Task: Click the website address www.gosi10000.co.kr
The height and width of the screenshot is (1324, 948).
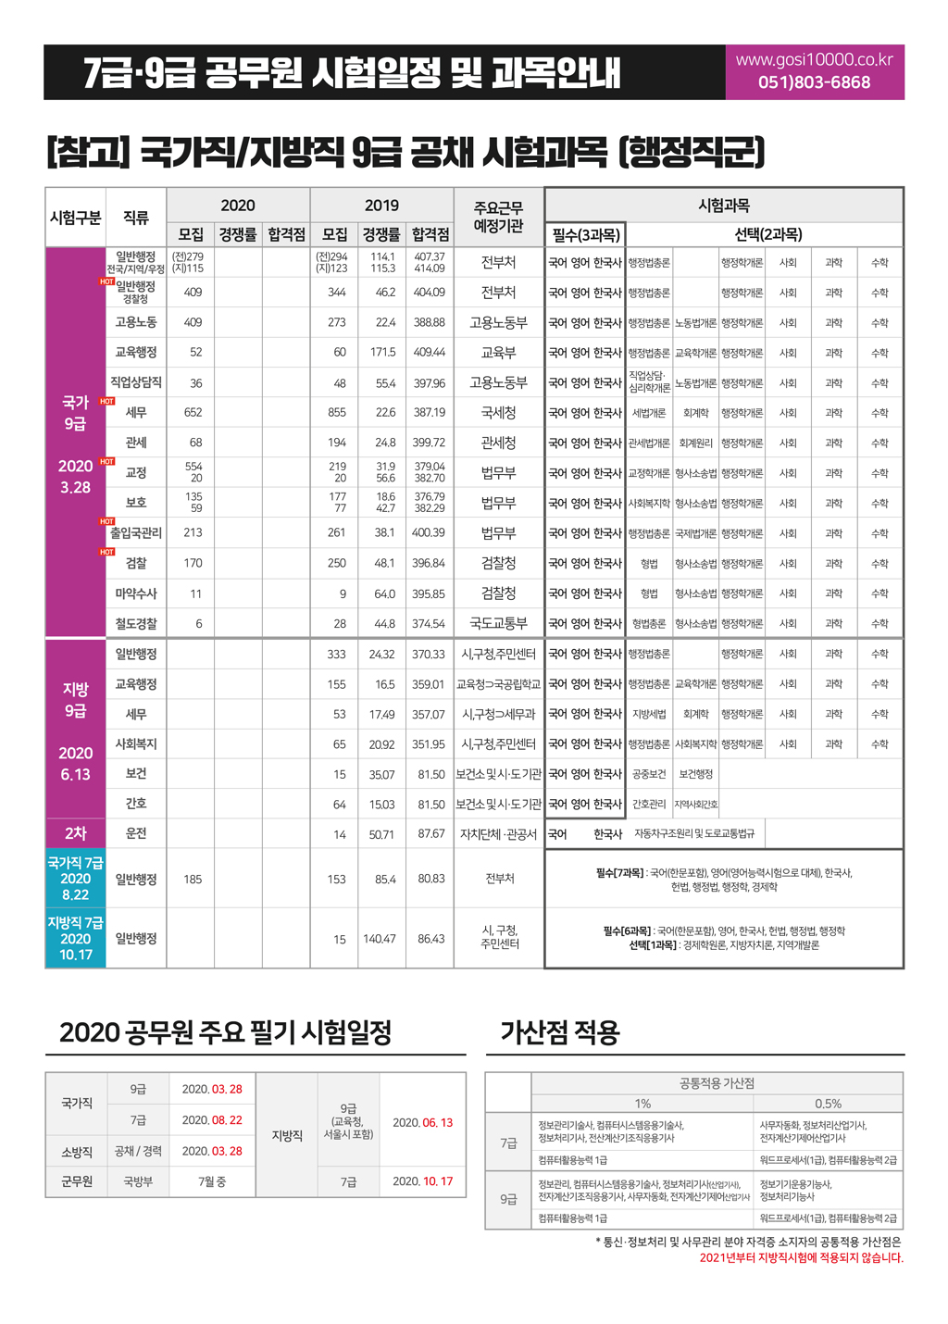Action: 814,60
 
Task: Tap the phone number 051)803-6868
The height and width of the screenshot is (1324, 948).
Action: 814,82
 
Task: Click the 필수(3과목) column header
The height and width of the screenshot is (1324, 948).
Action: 585,235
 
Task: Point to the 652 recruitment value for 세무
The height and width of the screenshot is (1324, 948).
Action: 193,413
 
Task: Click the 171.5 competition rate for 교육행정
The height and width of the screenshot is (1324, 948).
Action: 383,353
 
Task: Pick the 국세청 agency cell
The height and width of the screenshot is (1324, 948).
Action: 498,413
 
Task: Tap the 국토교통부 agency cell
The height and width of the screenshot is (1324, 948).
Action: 498,624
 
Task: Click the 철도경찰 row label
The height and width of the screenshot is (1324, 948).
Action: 136,624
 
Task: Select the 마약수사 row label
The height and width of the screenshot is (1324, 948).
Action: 136,593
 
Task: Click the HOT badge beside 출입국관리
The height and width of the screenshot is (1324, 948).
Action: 107,521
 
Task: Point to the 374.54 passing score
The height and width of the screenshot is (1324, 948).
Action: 430,624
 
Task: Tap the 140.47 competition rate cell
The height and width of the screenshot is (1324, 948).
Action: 380,939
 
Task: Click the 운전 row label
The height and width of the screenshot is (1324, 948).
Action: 136,833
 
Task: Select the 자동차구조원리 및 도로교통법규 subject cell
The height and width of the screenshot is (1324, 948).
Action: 693,834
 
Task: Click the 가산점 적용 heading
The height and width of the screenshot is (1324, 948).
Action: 559,1032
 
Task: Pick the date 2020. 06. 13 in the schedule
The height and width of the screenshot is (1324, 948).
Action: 422,1122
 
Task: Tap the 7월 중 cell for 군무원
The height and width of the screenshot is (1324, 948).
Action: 212,1181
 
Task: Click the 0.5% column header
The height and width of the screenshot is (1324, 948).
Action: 828,1104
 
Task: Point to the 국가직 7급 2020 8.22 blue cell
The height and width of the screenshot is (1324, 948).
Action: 76,879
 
